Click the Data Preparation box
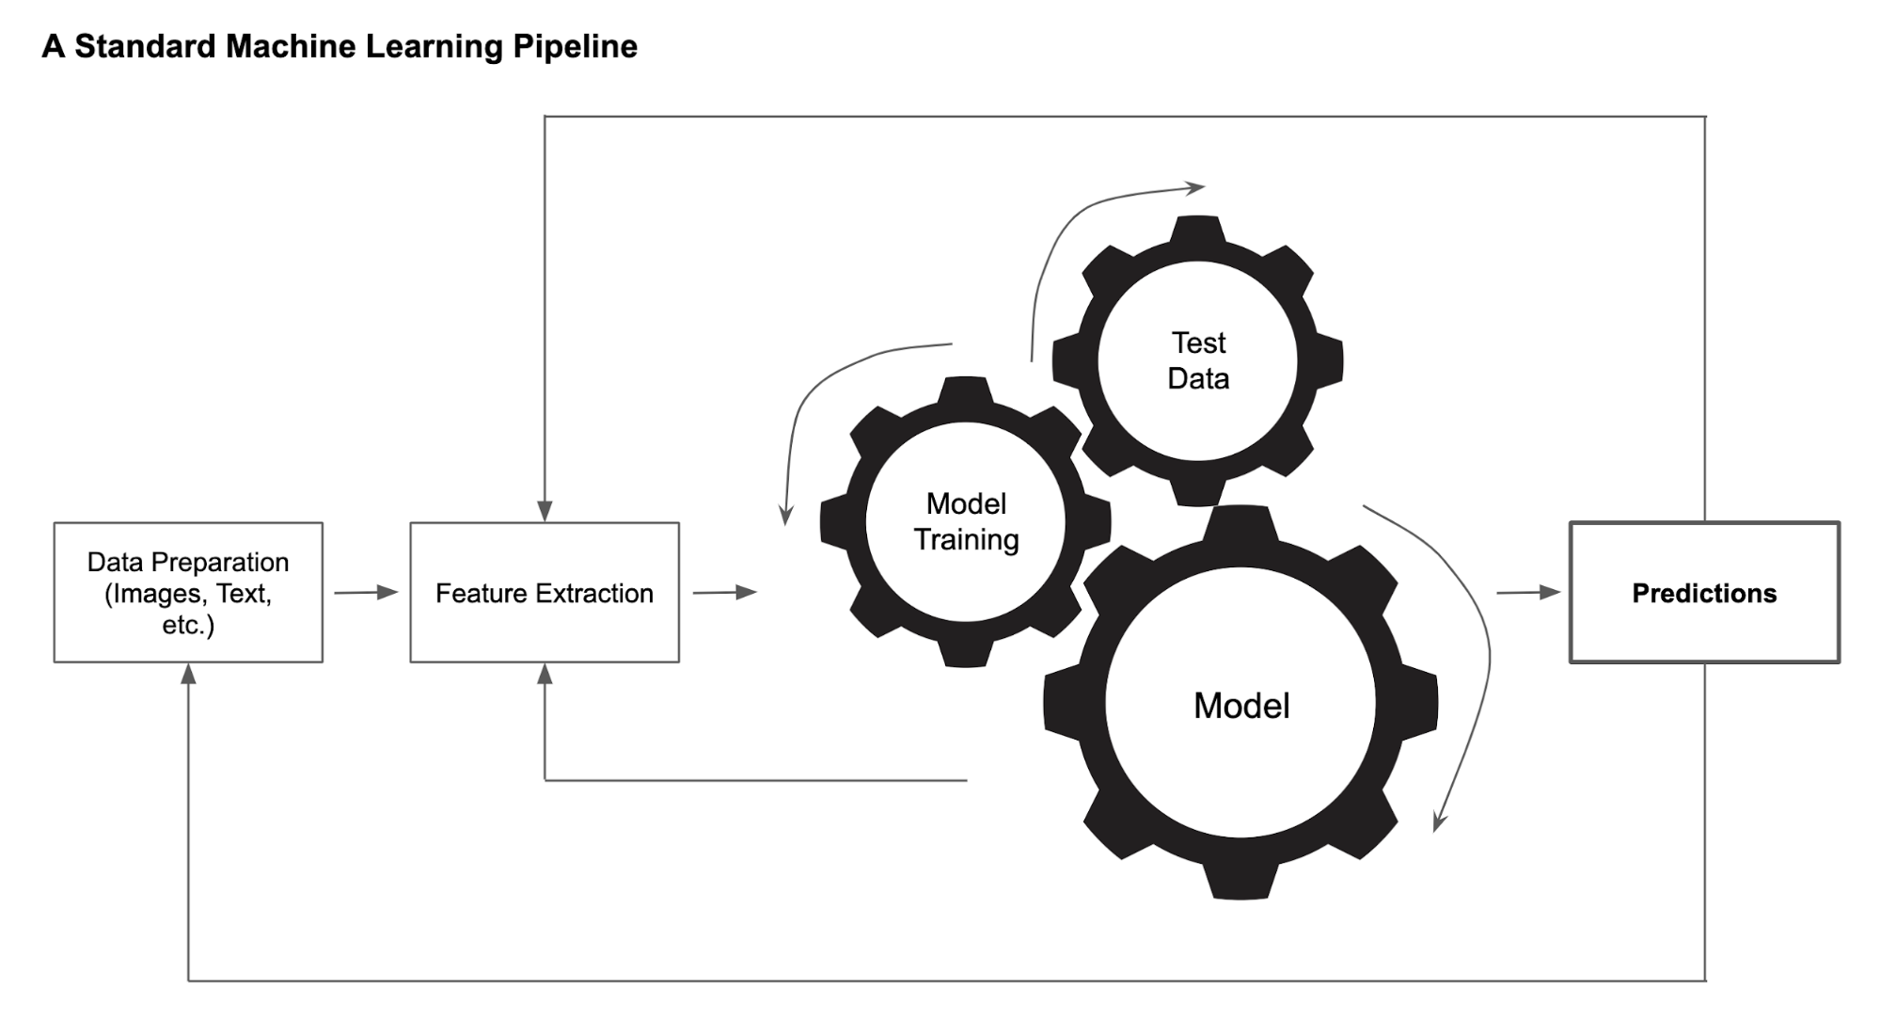click(188, 593)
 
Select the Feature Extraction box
click(544, 593)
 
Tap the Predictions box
click(1703, 593)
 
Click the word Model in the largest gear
click(1240, 706)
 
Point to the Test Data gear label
click(1197, 360)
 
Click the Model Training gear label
click(966, 521)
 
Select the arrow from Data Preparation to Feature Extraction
click(366, 593)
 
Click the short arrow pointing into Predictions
click(1528, 593)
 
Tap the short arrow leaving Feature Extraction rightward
click(724, 593)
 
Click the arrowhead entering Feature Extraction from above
click(545, 511)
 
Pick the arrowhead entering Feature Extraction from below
click(545, 674)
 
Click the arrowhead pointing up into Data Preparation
click(188, 674)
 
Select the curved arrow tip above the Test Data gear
click(1195, 188)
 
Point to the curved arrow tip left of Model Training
click(786, 515)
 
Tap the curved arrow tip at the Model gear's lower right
click(1439, 821)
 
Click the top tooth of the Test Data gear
click(1197, 229)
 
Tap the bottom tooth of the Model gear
click(1240, 884)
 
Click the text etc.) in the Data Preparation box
click(188, 625)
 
